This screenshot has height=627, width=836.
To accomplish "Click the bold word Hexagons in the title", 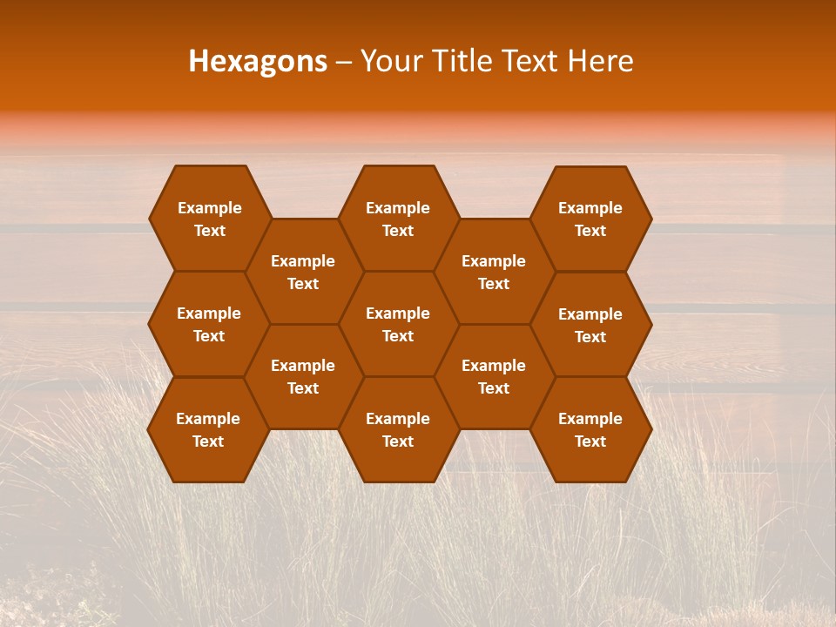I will (x=258, y=61).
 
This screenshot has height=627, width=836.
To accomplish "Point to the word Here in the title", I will (x=600, y=61).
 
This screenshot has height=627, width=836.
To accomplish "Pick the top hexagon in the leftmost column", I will (x=209, y=219).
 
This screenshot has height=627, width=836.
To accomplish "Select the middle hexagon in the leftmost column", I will (x=209, y=324).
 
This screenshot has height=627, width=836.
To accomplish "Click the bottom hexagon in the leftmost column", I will (x=208, y=429).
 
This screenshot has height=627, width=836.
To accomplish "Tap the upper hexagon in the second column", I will (x=303, y=272).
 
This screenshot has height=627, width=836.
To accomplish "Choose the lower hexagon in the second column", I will (x=303, y=376).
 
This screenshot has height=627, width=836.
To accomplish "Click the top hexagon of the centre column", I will (x=398, y=219).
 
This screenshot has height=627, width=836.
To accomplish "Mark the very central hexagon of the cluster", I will (x=398, y=324).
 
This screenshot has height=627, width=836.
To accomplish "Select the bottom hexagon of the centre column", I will (x=398, y=429).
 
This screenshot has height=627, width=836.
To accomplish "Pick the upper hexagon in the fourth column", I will (x=494, y=272).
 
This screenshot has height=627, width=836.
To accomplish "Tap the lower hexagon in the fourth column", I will (x=494, y=376).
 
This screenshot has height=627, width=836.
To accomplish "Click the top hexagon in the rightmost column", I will (x=590, y=219).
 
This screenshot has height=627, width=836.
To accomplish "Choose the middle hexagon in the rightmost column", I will (x=590, y=325).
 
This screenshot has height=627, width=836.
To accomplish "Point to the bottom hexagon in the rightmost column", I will (x=590, y=429).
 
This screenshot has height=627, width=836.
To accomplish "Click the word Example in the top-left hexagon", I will (x=209, y=208).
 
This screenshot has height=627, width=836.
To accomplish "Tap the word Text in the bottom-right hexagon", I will (x=590, y=442).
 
